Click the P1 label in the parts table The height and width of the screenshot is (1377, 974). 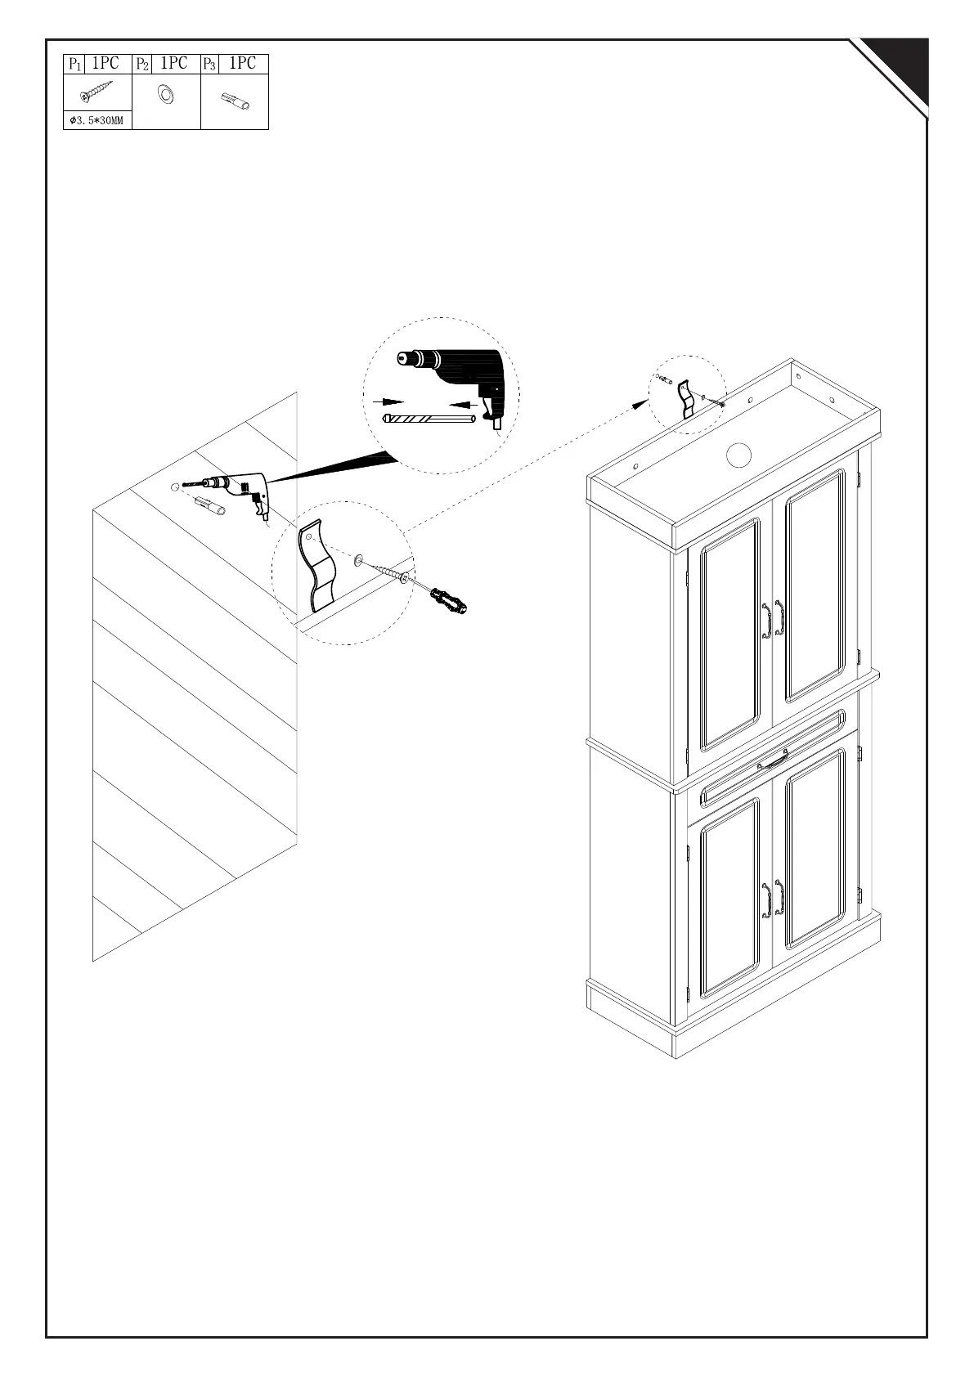coord(74,64)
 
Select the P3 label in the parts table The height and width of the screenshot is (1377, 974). coord(209,64)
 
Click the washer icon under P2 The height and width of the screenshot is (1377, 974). coord(166,94)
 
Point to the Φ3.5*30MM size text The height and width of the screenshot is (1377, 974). coord(97,122)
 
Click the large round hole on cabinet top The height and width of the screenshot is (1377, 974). coord(739,454)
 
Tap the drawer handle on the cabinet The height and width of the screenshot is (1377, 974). coord(773,763)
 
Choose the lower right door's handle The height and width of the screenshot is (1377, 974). coord(780,899)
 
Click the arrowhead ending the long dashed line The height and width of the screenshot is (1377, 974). coord(640,402)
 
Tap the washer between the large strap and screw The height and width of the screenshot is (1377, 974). coord(359,562)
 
